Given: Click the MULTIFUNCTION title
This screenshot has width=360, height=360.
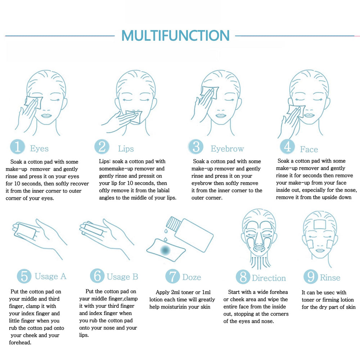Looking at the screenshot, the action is (175, 35).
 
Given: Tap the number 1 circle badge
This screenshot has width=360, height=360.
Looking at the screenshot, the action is (17, 147).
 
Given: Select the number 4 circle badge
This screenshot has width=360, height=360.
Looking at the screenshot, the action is (287, 147).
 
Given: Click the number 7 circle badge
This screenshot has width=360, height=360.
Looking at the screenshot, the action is (173, 276).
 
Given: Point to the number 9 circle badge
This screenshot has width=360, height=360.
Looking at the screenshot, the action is (311, 276).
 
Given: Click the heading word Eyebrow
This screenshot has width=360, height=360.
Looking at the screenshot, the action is (227, 149).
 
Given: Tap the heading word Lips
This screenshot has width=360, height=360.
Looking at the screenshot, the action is (126, 149).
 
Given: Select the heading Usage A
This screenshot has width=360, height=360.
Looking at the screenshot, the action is (50, 276).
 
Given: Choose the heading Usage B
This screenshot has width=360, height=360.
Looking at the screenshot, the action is (122, 276).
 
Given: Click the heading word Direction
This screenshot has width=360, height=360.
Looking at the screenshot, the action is (269, 278).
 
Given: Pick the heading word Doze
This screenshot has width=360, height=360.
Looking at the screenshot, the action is (192, 277).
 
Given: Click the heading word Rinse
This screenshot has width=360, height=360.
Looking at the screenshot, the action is (330, 278).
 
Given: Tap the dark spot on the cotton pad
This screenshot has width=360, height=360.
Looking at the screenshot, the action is (165, 250).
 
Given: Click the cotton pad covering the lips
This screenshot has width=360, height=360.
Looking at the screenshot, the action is (134, 117).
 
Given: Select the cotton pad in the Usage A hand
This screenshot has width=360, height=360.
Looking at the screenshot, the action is (25, 230).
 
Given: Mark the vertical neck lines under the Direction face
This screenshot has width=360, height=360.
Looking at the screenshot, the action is (259, 262).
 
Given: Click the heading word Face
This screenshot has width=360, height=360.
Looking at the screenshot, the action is (309, 149).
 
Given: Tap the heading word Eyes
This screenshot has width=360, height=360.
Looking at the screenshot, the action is (39, 149).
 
